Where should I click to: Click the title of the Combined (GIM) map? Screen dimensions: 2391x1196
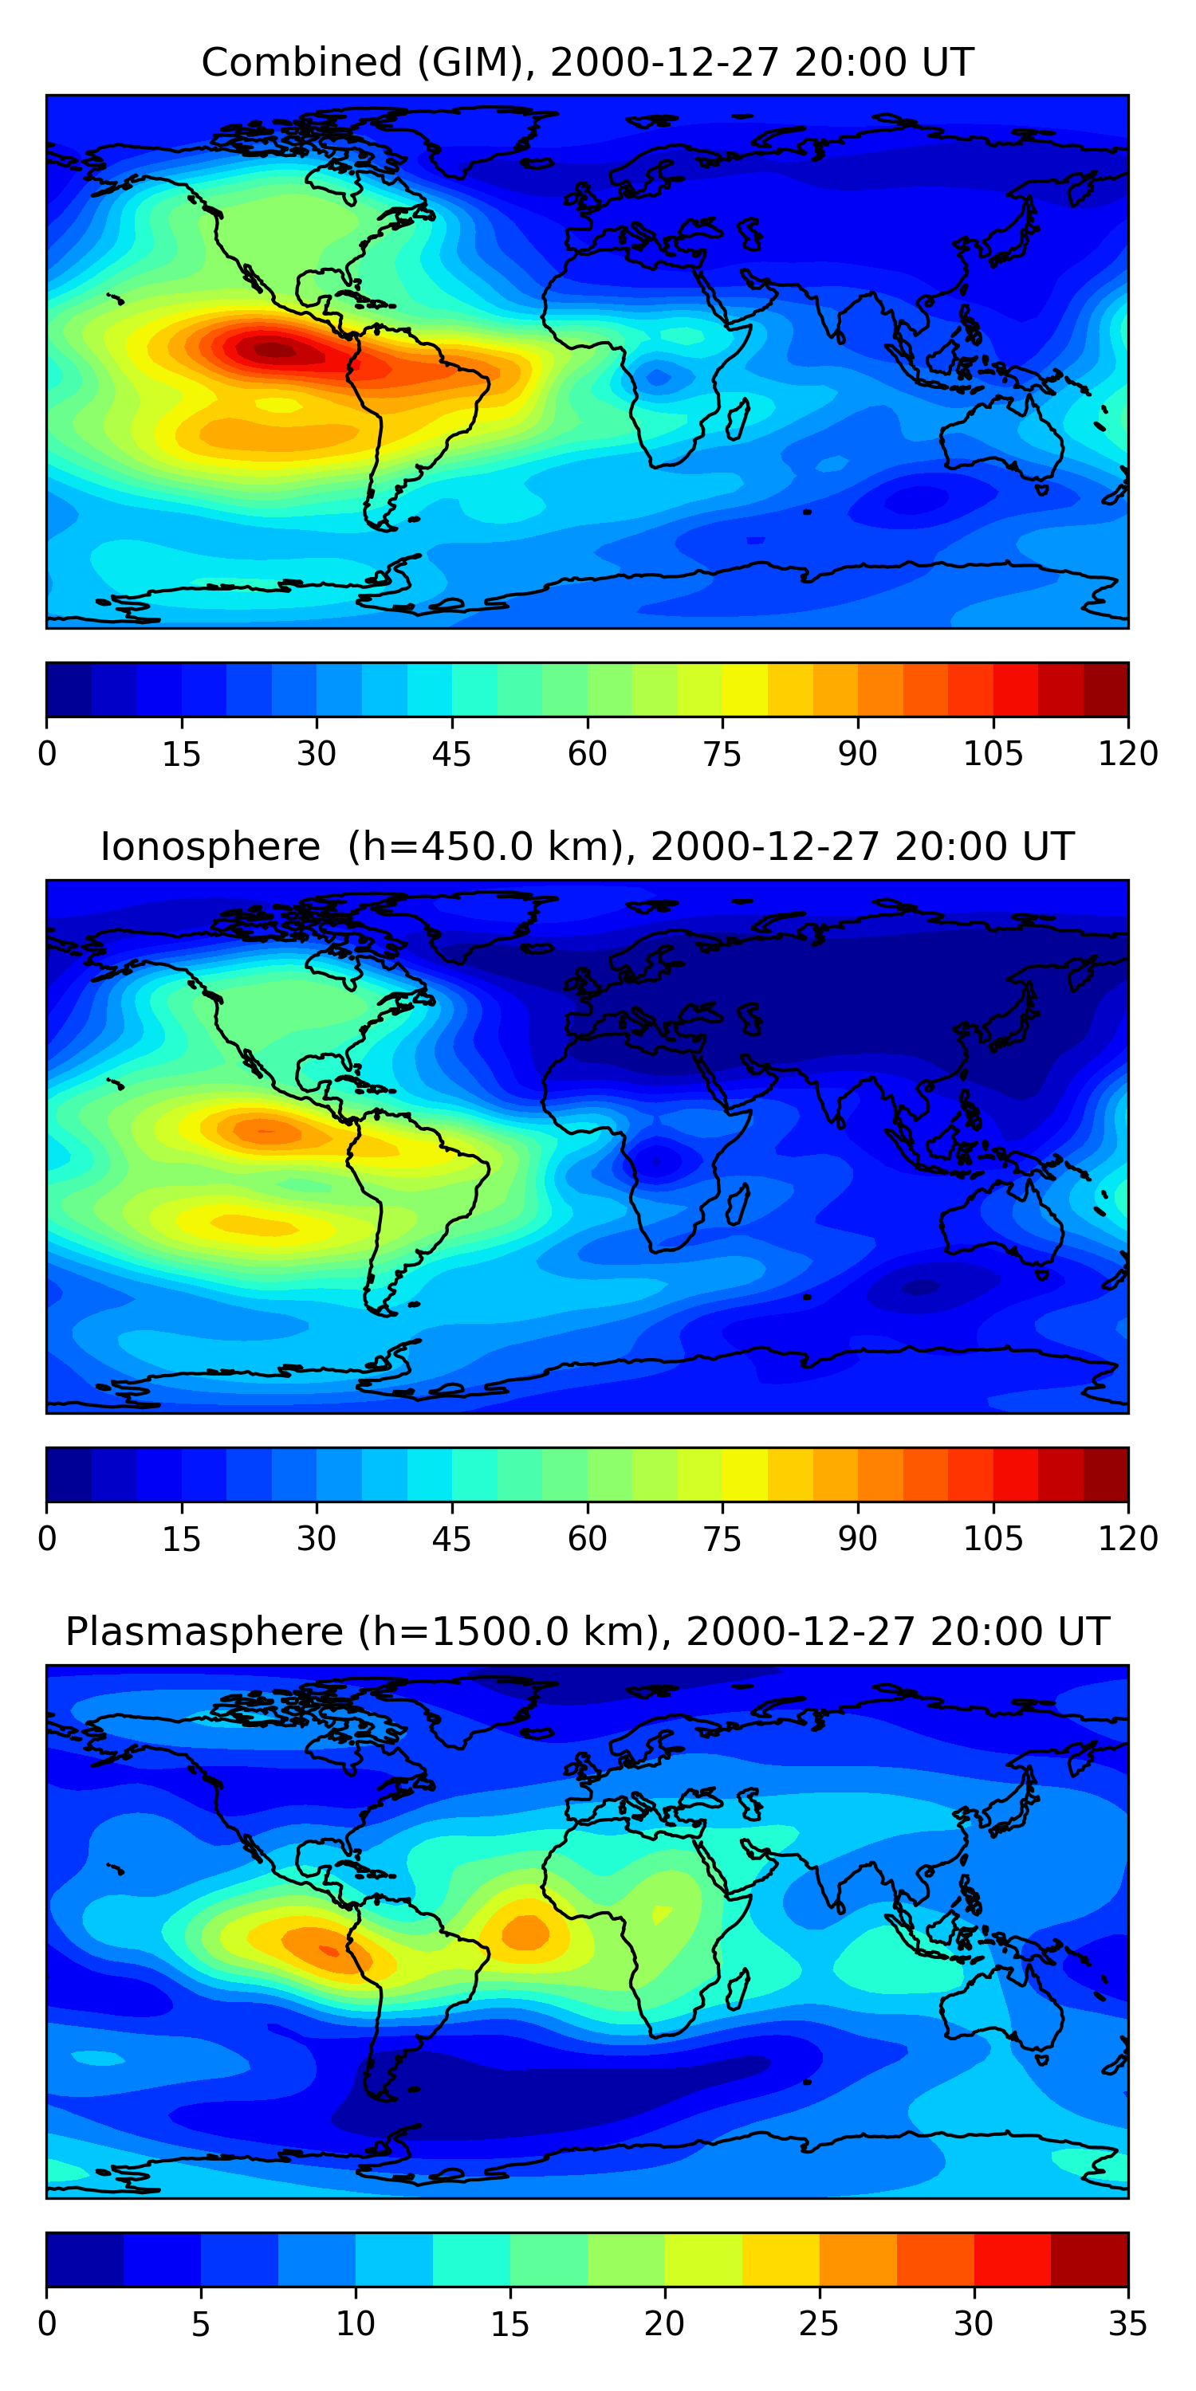pos(587,62)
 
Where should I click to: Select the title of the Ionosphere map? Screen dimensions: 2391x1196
pos(587,846)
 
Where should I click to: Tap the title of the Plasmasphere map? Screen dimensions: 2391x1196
pos(587,1631)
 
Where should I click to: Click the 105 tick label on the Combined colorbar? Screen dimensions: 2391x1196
pos(993,752)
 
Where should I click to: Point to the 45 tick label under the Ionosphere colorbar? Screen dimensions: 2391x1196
pos(451,1538)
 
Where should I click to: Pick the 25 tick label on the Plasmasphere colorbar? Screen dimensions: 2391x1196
pos(818,2323)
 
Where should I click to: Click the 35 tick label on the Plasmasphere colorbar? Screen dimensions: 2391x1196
pos(1127,2323)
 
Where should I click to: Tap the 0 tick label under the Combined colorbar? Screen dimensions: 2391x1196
pos(47,752)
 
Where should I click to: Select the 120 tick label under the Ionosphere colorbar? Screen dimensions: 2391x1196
pos(1127,1538)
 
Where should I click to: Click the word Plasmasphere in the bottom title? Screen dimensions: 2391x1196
pos(204,1631)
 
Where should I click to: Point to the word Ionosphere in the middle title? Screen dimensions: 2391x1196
pos(210,846)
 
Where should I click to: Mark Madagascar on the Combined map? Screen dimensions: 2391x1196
pos(738,418)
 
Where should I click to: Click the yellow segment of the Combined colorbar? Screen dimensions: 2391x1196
pos(745,689)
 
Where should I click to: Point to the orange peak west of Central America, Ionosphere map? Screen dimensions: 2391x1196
pos(266,1130)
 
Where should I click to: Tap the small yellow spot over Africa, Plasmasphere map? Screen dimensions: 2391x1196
pos(661,1913)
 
